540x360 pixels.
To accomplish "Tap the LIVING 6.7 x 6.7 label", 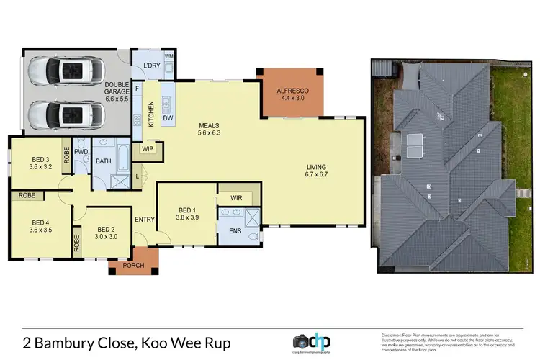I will tap(316, 170).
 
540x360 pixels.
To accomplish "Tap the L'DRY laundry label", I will tap(151, 66).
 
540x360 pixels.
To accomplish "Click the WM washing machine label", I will tap(169, 55).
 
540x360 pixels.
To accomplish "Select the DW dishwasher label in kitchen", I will tap(167, 117).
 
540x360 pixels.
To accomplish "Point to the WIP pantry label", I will tap(148, 149).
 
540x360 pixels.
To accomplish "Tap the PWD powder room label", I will tap(81, 151).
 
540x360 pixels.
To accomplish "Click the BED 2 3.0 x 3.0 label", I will tap(102, 235).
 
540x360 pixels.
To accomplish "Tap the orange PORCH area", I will tap(134, 265).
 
